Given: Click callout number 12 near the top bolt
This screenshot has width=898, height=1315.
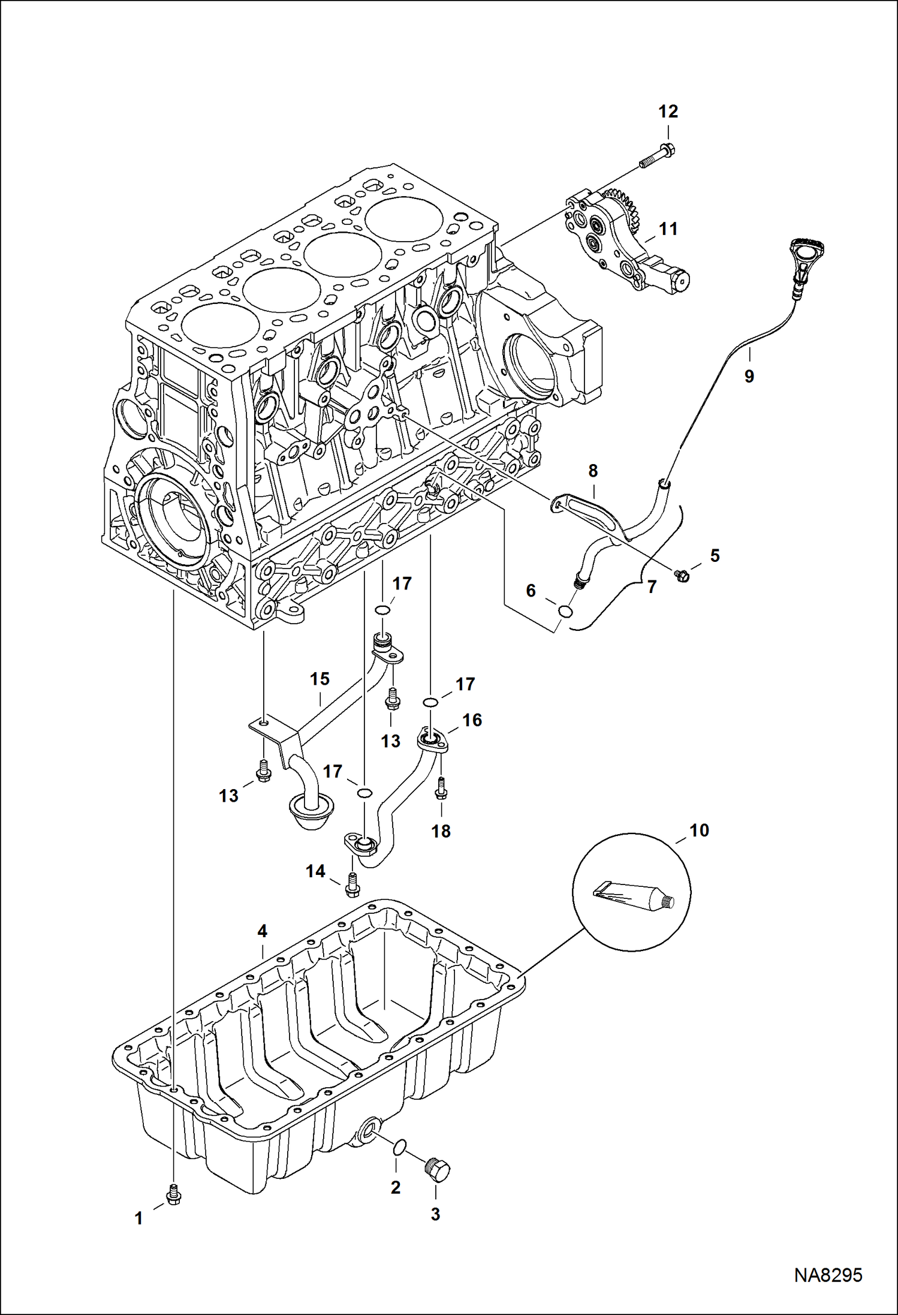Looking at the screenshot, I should point(668,112).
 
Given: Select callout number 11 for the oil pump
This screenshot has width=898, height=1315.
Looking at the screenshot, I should point(668,229).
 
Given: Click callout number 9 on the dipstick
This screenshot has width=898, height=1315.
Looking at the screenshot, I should point(749,376).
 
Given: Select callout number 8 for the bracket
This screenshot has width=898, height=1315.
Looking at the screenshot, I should point(592,471).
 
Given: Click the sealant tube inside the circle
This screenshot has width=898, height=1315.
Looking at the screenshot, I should point(633,895).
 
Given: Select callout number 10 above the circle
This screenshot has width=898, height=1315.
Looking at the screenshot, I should point(699,830).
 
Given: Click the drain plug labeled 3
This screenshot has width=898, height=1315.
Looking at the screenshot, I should point(438,1169).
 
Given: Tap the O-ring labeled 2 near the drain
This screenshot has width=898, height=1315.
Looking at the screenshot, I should point(400,1147).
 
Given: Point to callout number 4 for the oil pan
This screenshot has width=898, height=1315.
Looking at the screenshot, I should point(262,931).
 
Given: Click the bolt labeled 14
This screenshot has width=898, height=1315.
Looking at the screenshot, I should point(352,886).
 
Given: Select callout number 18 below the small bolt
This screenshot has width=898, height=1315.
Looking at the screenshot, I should point(441,831).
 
